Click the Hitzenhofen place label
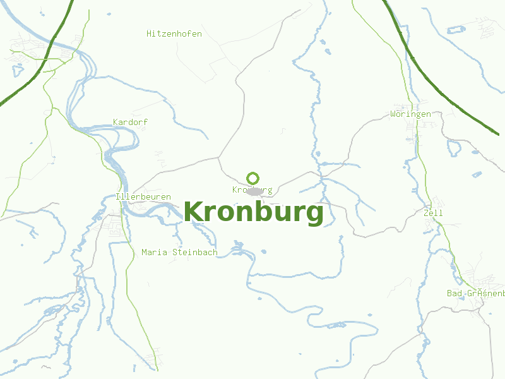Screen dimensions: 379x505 (x=174, y=33)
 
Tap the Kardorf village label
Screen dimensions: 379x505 (x=130, y=122)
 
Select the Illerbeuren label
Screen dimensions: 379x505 (x=143, y=197)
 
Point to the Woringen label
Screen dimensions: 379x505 (x=410, y=114)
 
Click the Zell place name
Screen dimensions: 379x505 (x=433, y=214)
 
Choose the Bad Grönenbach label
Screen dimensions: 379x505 (x=475, y=293)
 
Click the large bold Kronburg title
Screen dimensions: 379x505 (x=254, y=212)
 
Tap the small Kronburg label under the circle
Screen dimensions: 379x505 (x=252, y=190)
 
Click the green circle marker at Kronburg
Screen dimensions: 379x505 (x=253, y=178)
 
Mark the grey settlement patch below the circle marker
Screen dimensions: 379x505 (x=255, y=190)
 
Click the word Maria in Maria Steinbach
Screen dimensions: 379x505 (x=154, y=253)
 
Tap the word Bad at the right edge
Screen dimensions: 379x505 (x=454, y=293)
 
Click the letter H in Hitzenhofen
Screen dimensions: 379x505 (x=150, y=33)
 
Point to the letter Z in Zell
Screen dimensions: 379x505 (x=426, y=214)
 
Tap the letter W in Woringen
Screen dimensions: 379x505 (x=393, y=114)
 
